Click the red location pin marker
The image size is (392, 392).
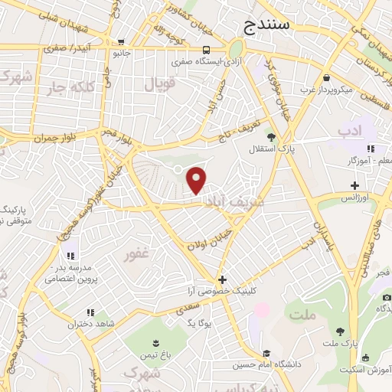coord(197,180)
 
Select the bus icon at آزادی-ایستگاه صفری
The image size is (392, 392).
coord(205,48)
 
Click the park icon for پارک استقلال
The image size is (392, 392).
coord(270,136)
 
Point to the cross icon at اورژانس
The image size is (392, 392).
coord(354,185)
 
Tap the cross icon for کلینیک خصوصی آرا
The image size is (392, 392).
coord(223,279)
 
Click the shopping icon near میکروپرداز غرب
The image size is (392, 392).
coord(327,77)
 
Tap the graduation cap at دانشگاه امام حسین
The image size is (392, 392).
coord(266,353)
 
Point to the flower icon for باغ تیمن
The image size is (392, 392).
coord(156,341)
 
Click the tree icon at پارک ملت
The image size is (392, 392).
coord(340,332)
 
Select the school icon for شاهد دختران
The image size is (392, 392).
coord(90,312)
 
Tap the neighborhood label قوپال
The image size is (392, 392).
coord(160,83)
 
